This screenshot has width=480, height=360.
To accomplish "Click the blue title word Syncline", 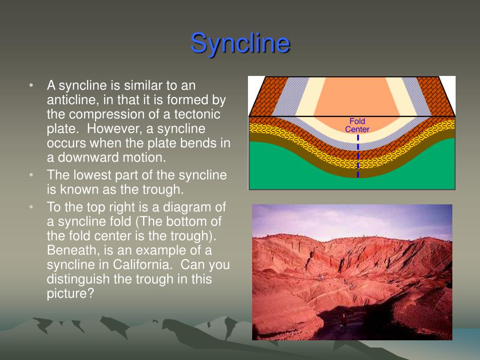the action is (240, 44).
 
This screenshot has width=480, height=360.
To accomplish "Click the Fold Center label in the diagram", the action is (357, 125).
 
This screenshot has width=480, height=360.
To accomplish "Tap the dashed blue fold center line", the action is (358, 156).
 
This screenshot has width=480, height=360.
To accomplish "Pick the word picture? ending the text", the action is (70, 293).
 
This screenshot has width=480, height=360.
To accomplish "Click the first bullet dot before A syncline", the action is (31, 85).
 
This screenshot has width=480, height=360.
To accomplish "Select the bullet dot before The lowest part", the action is (31, 175).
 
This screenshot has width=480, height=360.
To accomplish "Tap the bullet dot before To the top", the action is (31, 207).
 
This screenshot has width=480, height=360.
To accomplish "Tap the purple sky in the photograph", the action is (352, 219).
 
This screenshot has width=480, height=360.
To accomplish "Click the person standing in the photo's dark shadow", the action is (344, 322).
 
